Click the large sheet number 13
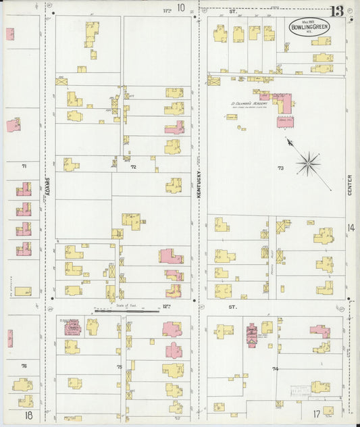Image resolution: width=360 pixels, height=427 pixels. coord(336,11)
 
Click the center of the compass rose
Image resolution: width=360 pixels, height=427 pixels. coord(307,161)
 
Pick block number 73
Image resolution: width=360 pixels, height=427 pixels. coord(280,167)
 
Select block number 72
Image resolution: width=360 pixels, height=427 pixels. coord(133,166)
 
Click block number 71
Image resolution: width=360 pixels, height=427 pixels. coord(24,166)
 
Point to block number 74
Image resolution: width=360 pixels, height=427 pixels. coord(275,368)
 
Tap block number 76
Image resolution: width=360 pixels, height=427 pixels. coord(24,366)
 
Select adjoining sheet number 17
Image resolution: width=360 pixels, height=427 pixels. coord(316,414)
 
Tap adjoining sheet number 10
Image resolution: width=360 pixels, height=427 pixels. coord(180,8)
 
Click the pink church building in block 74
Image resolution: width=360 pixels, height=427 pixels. coord(252,334)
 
